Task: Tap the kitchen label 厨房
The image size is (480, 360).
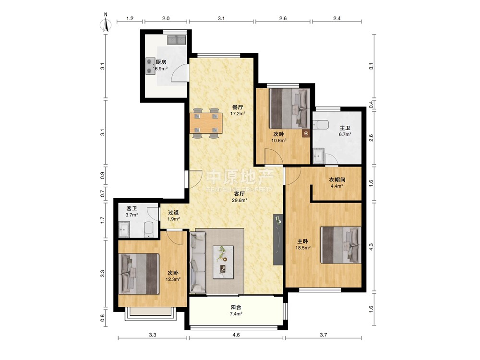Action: pos(161,62)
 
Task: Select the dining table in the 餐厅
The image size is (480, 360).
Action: pos(206,123)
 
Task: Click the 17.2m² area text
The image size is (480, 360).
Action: pos(238,114)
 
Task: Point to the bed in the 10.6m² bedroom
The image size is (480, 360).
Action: pos(289,108)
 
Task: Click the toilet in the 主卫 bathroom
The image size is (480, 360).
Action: pos(321,125)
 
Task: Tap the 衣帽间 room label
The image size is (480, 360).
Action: pos(337,180)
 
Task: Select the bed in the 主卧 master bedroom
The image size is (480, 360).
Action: pos(341,245)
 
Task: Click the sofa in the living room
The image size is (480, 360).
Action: pos(198,262)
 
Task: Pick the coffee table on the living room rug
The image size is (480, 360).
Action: pos(223,262)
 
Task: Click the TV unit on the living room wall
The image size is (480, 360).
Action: pos(278,239)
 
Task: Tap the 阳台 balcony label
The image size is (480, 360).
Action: pos(236,307)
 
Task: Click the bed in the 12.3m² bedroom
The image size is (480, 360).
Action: pos(139,274)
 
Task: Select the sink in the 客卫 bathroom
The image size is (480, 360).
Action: pos(124,229)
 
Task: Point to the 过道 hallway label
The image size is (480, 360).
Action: pos(173,212)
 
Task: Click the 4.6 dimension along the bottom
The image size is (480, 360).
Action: pos(236,335)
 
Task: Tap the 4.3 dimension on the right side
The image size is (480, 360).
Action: pos(371,247)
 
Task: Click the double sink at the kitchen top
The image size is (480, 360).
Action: pos(177,40)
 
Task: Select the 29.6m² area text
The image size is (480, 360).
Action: pos(240,201)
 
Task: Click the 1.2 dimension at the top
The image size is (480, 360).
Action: pos(130,18)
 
